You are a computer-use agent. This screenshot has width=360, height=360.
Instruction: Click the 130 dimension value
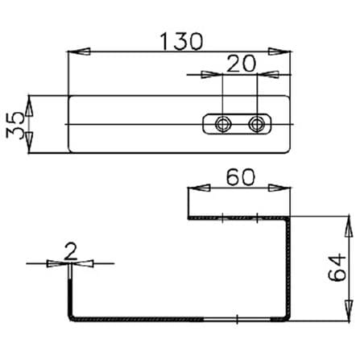(181, 42)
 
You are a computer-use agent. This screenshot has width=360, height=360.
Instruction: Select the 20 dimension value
(241, 64)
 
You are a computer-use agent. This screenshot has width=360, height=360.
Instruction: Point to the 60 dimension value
(240, 177)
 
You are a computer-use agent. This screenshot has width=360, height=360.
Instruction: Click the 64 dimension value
(337, 267)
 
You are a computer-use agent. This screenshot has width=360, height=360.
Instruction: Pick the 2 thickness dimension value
(71, 251)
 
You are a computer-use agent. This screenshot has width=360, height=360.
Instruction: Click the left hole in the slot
(222, 124)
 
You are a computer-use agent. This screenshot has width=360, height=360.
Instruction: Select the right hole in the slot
(257, 124)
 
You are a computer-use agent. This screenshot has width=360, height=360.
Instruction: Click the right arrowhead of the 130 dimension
(279, 52)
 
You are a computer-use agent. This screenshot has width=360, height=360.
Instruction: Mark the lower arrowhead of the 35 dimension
(29, 143)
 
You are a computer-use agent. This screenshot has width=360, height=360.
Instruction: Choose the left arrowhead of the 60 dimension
(200, 188)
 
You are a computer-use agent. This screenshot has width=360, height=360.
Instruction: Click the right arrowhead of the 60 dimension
(279, 188)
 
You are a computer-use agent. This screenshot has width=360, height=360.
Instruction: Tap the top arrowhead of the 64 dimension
(348, 226)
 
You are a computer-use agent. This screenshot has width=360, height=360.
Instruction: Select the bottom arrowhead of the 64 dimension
(348, 311)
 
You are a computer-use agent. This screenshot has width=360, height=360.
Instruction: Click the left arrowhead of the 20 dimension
(212, 74)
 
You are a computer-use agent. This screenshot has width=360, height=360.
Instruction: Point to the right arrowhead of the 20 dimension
(267, 74)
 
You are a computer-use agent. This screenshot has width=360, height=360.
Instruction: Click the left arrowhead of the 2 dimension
(58, 263)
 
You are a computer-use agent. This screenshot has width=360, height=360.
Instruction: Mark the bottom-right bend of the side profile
(288, 317)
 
